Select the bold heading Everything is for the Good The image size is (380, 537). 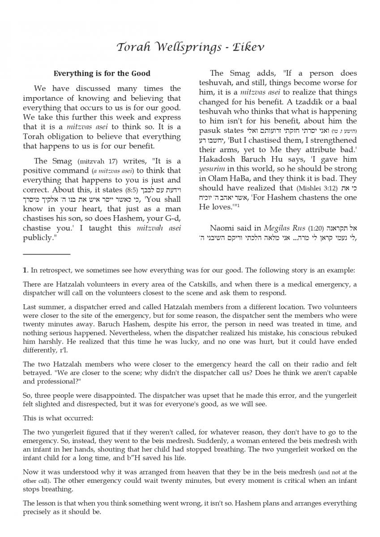coord(102,73)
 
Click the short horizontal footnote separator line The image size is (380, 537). coord(47,254)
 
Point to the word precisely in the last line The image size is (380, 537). coord(38,512)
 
